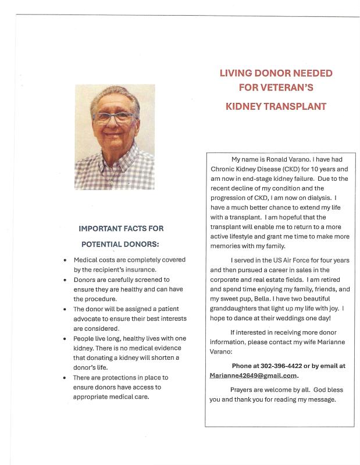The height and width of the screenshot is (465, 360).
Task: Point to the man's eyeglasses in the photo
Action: (x=115, y=116)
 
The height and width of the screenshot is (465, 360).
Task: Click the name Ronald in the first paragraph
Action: (x=273, y=159)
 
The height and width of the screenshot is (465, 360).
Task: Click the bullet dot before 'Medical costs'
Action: (x=65, y=260)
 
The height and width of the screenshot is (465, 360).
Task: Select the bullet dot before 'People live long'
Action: (x=65, y=338)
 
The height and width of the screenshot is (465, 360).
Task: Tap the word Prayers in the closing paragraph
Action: (x=245, y=390)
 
